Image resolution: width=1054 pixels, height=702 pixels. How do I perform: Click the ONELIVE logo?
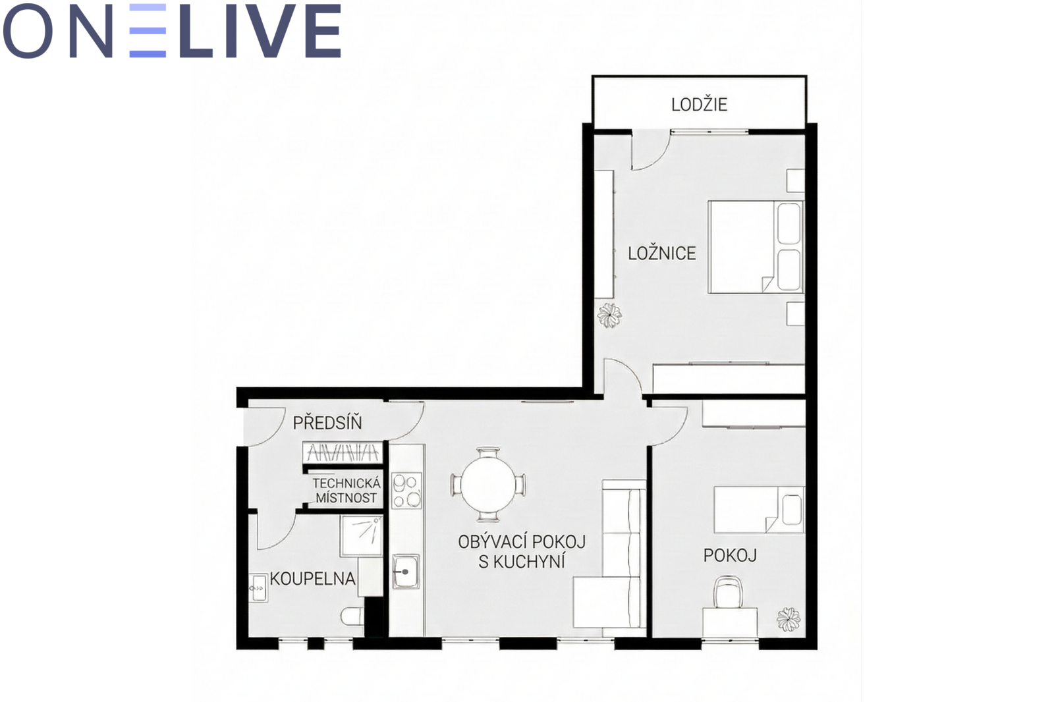(172, 30)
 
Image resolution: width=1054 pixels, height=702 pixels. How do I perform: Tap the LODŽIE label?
(699, 104)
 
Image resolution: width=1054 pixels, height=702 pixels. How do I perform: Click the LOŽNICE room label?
(661, 253)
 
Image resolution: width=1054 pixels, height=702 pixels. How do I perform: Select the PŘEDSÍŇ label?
(327, 422)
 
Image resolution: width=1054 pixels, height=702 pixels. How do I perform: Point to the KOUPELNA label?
(312, 579)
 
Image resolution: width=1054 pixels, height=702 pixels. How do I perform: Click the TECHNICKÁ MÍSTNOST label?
(347, 490)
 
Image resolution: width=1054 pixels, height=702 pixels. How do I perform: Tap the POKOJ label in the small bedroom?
(730, 556)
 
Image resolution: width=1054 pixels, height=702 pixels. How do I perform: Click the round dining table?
(488, 485)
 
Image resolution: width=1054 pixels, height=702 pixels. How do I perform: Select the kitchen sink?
(406, 572)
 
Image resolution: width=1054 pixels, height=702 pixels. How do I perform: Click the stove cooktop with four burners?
(406, 491)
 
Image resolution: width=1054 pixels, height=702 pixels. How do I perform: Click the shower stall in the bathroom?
(362, 536)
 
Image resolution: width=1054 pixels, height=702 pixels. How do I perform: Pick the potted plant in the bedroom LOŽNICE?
(609, 315)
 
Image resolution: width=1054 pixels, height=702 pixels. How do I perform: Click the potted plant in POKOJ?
(788, 619)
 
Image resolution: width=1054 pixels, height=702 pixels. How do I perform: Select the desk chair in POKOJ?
(727, 593)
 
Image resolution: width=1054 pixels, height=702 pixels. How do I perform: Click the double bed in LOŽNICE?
(756, 247)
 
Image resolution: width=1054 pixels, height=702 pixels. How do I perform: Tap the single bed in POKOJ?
(759, 510)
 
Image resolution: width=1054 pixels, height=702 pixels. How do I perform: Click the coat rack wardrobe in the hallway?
(342, 452)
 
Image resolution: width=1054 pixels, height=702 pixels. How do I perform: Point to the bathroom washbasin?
(258, 587)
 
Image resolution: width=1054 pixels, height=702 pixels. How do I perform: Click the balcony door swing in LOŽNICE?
(650, 152)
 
